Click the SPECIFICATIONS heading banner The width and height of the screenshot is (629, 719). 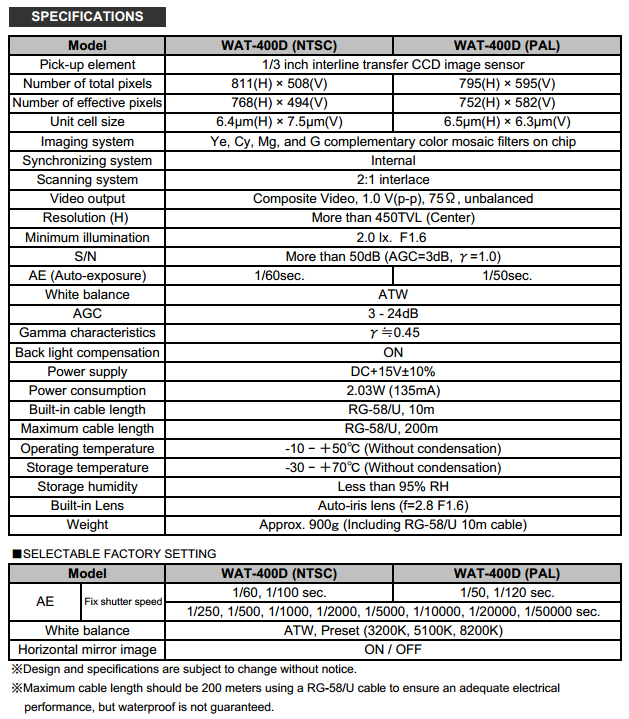[x=87, y=16]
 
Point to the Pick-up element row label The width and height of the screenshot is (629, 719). [x=87, y=65]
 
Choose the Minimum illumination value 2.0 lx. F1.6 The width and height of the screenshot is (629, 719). [x=392, y=238]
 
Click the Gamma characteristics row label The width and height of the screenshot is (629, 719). [x=87, y=333]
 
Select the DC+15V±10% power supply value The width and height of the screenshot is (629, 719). [x=392, y=372]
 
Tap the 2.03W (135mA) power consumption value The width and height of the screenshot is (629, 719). [x=392, y=391]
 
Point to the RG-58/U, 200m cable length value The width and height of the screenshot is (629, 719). [x=392, y=429]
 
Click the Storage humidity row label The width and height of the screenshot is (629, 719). [x=87, y=487]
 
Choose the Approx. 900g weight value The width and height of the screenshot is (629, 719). [x=392, y=525]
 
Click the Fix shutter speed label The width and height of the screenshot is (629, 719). [x=122, y=602]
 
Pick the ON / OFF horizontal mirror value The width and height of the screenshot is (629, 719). [x=392, y=650]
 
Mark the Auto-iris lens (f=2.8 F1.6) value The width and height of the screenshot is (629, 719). [x=392, y=506]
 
